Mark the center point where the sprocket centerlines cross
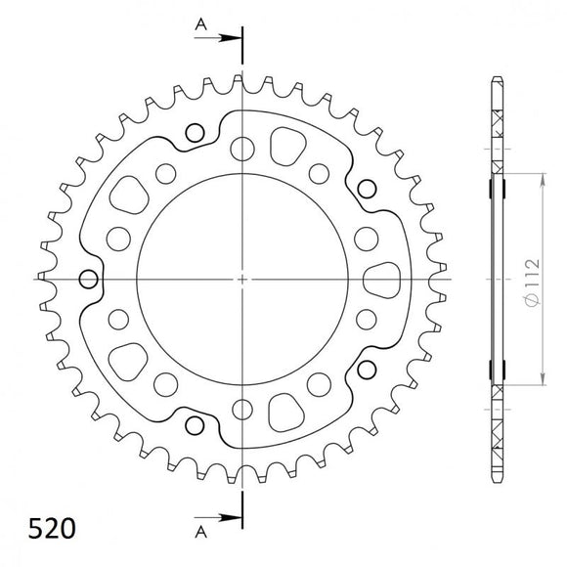(241, 279)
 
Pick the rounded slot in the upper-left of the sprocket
(130, 196)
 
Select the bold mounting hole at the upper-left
(194, 133)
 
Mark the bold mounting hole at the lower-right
(368, 370)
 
